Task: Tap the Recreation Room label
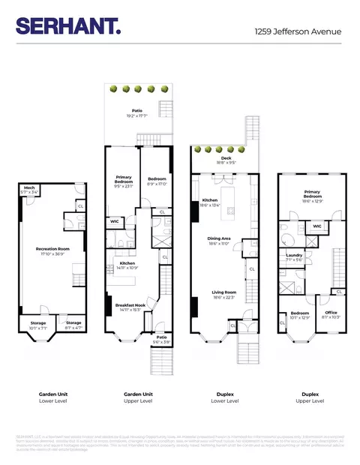(x=52, y=250)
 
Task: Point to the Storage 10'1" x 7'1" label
(x=37, y=325)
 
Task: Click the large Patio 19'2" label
(x=136, y=113)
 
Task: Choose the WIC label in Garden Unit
(x=115, y=222)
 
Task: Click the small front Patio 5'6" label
(x=161, y=339)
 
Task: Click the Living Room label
(x=219, y=295)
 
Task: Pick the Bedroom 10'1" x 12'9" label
(x=300, y=315)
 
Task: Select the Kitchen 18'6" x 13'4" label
(x=209, y=202)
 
